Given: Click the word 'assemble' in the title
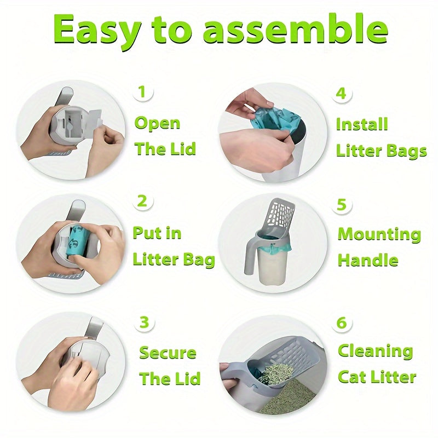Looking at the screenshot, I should point(296,31).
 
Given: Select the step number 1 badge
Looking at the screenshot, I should point(142,92).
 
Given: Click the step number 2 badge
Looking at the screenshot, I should point(142,201).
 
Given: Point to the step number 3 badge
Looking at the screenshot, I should point(143,322).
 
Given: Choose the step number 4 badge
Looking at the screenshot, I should point(342,93).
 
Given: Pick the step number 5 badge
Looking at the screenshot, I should point(342,205).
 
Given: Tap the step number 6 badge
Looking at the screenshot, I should point(342,322).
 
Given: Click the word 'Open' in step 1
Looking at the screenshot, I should point(158,123).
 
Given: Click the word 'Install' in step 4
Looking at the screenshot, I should point(362,124).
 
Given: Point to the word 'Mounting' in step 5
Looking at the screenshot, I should point(379,234).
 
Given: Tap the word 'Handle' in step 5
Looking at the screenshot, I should point(368,260).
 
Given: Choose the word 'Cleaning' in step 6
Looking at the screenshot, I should point(375,351).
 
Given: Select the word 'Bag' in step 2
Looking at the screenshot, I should point(199,260).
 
